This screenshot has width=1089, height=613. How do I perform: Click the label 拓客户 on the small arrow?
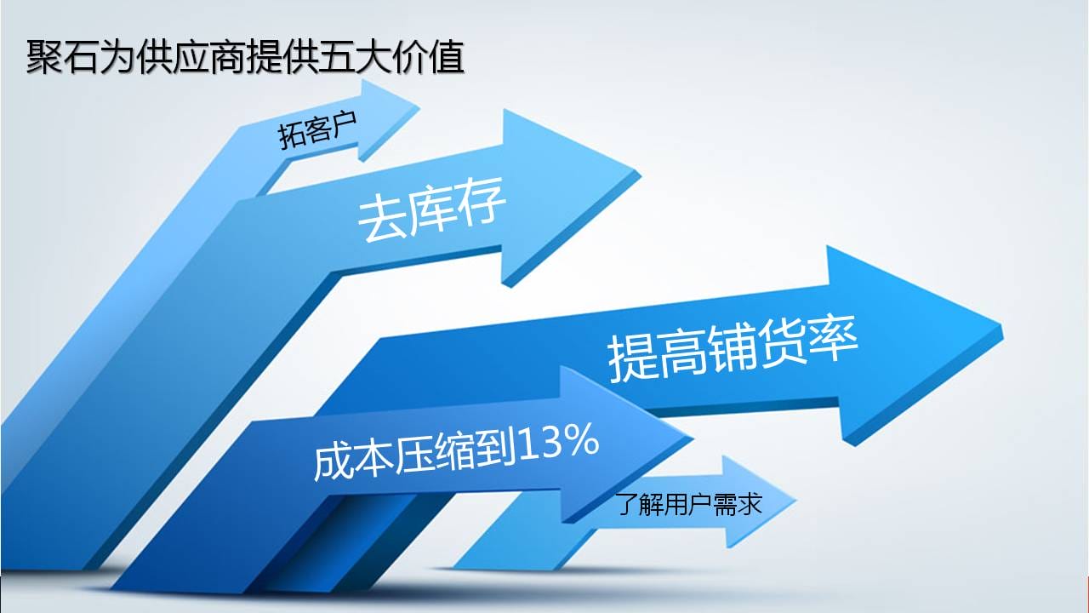point(317,130)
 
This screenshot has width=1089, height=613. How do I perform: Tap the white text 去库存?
point(431,209)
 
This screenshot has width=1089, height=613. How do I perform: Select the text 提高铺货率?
point(733,348)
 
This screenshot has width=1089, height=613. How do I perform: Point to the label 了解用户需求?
point(689,504)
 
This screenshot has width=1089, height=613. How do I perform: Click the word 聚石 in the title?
point(62,57)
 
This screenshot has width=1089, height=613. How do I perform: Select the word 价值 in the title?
point(428,57)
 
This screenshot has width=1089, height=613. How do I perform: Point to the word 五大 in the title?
point(355,57)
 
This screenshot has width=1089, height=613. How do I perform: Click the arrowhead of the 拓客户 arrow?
point(386,120)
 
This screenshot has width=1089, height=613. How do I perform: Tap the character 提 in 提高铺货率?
point(633,359)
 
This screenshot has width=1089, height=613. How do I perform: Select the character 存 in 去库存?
point(482,202)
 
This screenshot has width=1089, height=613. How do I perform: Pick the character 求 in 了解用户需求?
point(750,504)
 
